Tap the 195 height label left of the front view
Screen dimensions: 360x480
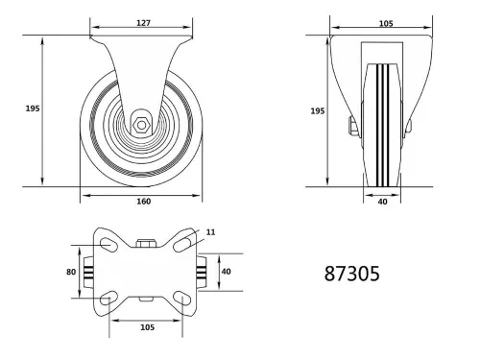31,109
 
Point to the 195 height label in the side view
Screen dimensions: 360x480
317,110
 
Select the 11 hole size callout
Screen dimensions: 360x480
210,231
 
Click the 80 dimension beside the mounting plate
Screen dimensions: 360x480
71,272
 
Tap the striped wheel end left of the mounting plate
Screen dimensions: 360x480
88,273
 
